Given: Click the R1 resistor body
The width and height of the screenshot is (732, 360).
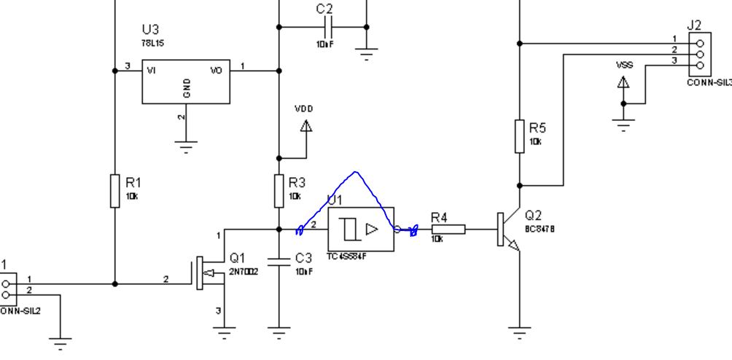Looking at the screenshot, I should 114,191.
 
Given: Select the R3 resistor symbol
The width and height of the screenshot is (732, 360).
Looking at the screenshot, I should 279,191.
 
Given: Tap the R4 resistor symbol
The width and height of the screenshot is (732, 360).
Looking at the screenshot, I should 448,230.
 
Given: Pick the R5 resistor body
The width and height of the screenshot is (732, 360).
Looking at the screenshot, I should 519,136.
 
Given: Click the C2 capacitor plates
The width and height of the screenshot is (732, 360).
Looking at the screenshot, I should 329,27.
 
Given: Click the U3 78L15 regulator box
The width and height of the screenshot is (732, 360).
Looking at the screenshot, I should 186,81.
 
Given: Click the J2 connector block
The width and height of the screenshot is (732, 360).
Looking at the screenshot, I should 699,53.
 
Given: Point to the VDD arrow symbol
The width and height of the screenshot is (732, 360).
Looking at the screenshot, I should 306,125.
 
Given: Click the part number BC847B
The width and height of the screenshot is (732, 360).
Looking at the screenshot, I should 540,229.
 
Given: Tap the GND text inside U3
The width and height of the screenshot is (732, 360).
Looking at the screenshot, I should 187,88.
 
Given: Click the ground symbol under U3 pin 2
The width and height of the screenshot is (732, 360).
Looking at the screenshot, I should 187,146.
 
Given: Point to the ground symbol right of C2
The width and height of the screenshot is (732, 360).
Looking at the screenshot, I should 367,52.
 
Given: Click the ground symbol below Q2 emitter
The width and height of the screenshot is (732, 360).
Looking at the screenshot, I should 519,335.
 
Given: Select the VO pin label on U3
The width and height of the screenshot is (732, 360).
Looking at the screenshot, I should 217,71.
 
